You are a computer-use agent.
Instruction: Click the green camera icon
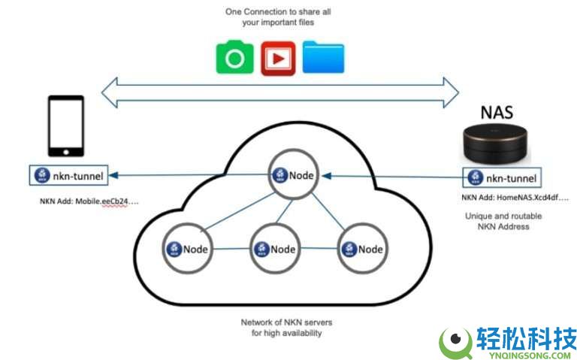coord(235,59)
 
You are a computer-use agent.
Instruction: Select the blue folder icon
coord(323,58)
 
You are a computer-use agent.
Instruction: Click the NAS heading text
coord(497,113)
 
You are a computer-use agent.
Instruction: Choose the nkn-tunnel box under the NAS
coord(502,178)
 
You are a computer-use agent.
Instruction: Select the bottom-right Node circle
coord(361,249)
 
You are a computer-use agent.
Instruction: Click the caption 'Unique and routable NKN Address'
coord(503,221)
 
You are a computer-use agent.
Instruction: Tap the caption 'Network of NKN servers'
coord(286,322)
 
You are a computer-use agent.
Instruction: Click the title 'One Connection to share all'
coord(279,12)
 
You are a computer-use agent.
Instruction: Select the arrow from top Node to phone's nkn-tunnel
coord(188,177)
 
